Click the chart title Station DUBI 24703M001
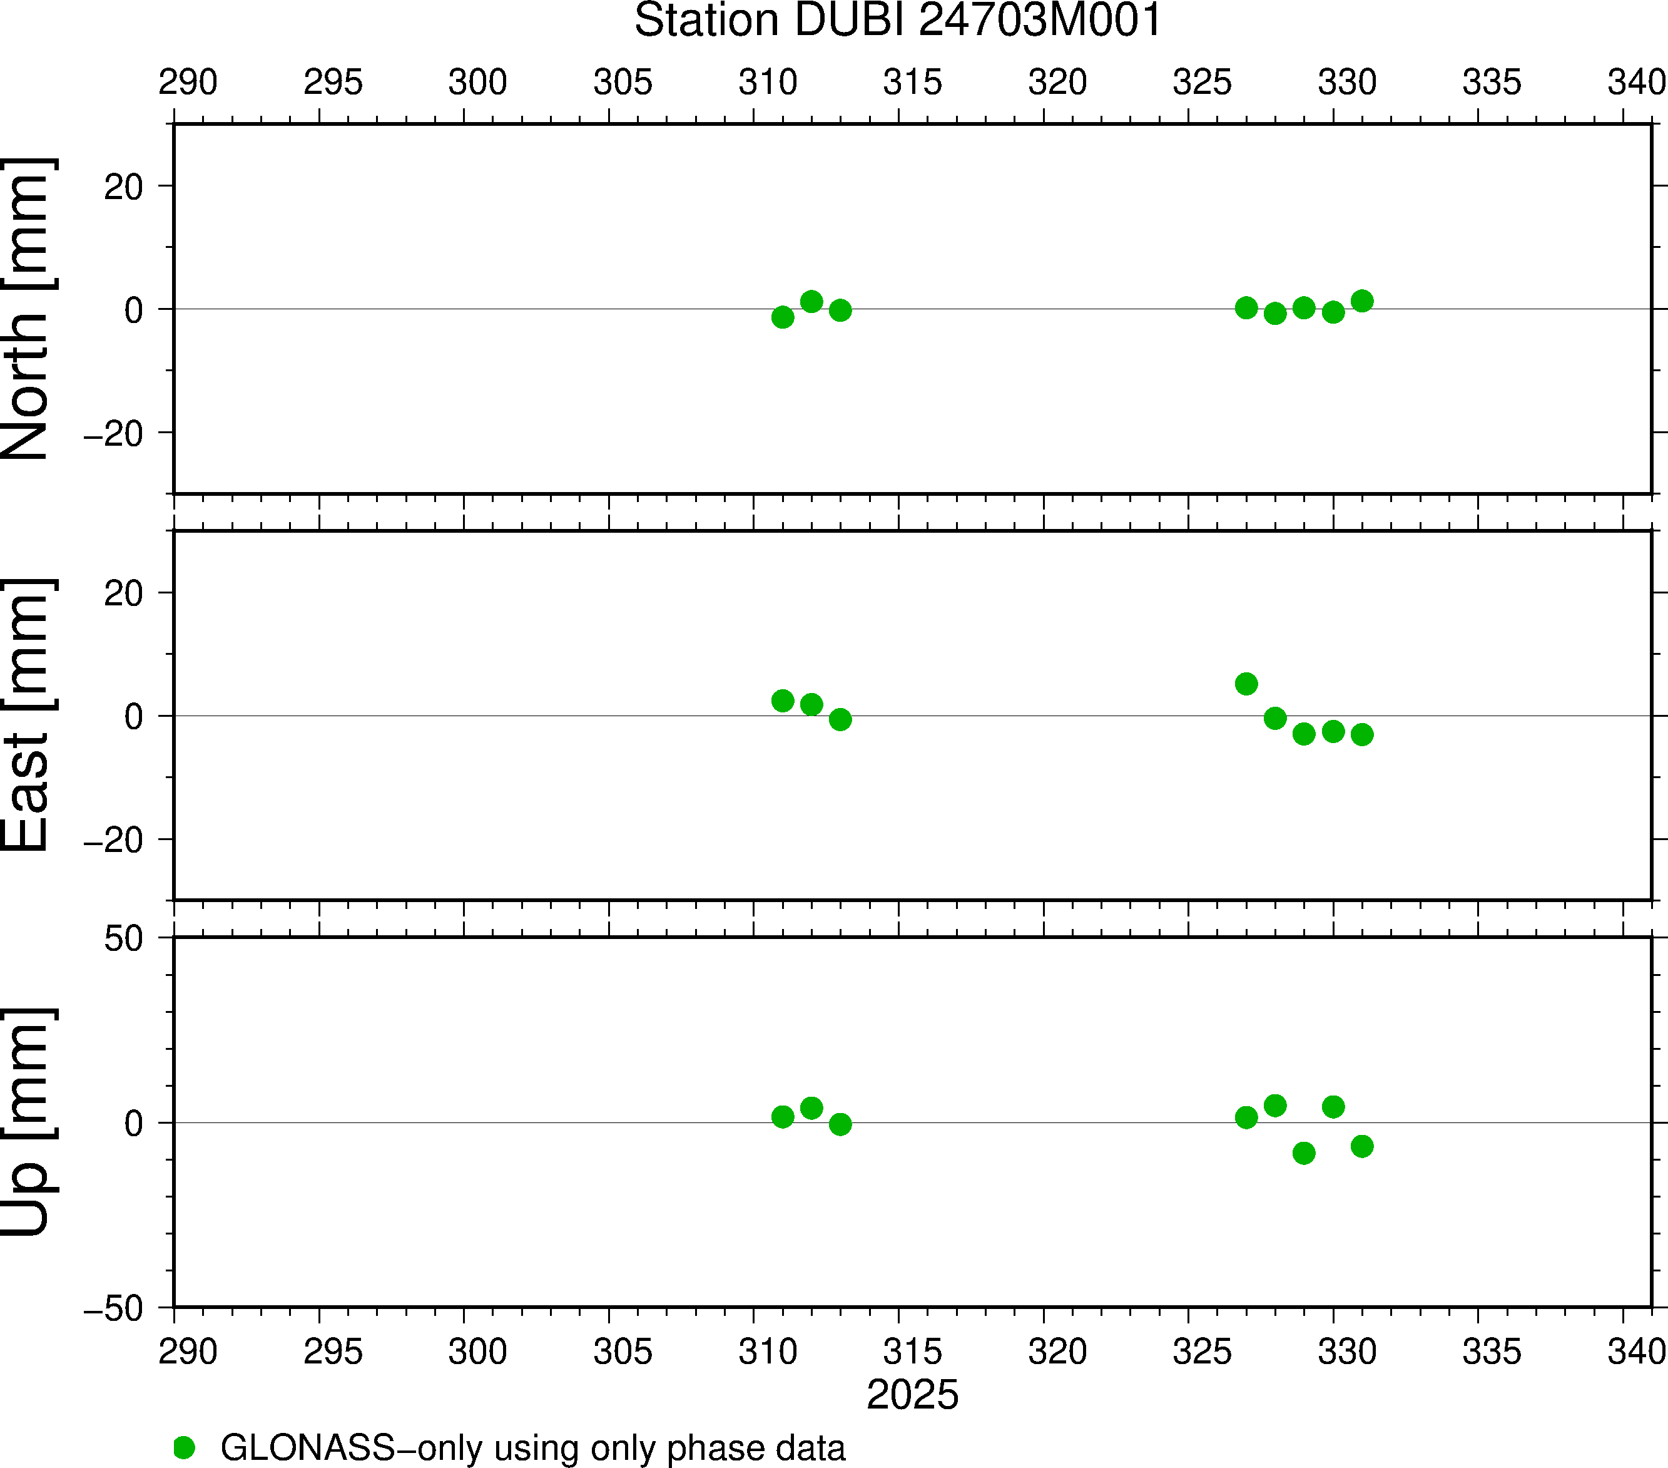898,21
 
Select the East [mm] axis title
28,716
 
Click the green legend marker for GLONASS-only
185,1447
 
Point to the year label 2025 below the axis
912,1395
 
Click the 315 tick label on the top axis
912,83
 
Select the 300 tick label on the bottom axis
477,1352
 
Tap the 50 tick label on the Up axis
123,939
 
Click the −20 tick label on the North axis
113,434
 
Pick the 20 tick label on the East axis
123,593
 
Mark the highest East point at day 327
1246,684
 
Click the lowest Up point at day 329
1304,1153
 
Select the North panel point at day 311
783,317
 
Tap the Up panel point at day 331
1362,1146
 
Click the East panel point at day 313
840,719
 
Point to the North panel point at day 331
1362,301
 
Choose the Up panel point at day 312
811,1108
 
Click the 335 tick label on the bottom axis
1492,1352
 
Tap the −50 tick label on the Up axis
113,1309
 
